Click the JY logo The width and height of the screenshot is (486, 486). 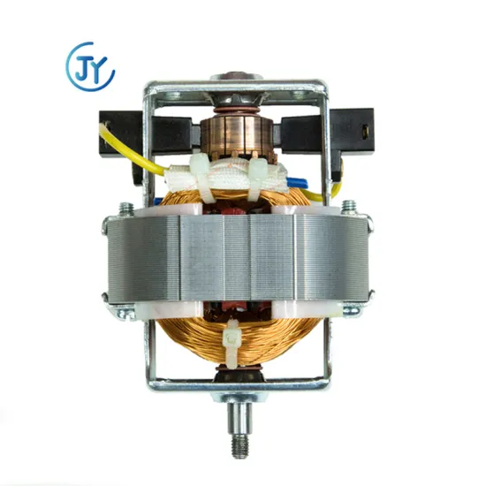coord(90,65)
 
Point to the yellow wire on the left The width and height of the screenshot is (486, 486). coord(133,157)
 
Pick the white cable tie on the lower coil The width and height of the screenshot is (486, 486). coord(233,350)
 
